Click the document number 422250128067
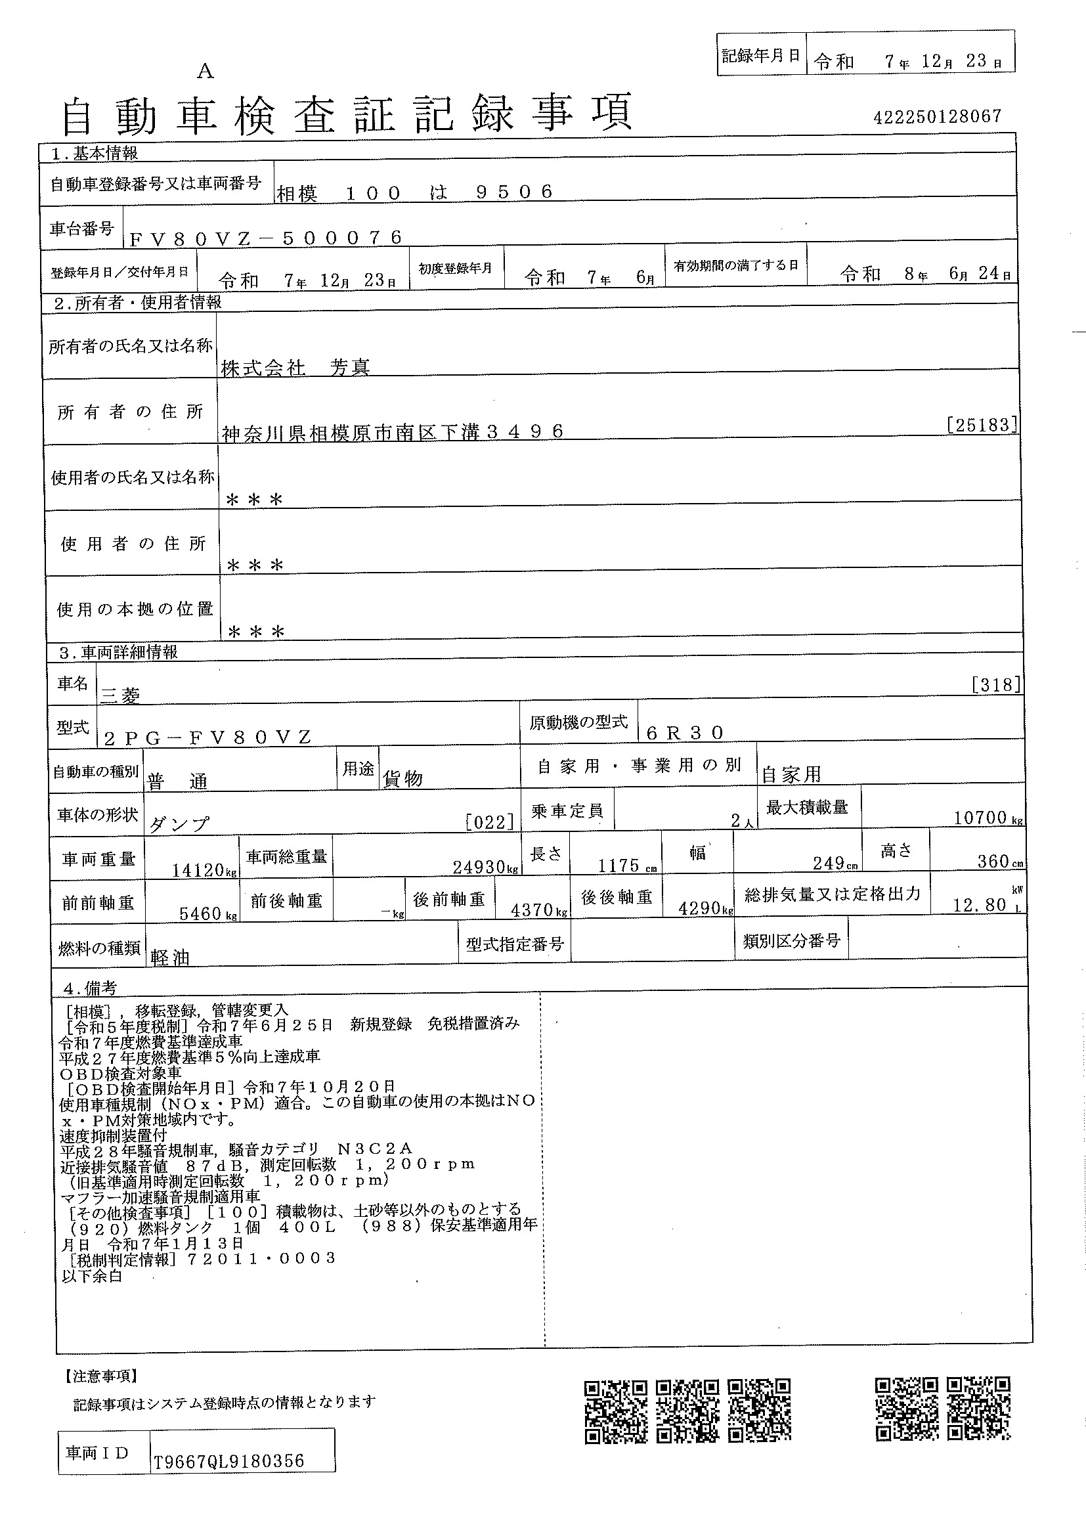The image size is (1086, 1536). (937, 117)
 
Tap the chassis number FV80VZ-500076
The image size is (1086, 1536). (265, 238)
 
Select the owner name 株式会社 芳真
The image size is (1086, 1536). (295, 367)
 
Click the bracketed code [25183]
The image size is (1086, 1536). (982, 425)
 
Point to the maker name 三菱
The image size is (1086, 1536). (119, 696)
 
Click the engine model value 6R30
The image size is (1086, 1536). (685, 734)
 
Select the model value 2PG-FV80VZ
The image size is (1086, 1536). (208, 737)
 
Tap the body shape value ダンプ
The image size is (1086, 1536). (178, 824)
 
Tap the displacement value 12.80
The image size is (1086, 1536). (979, 905)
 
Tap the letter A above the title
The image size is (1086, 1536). (205, 71)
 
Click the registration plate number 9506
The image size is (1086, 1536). (514, 192)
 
